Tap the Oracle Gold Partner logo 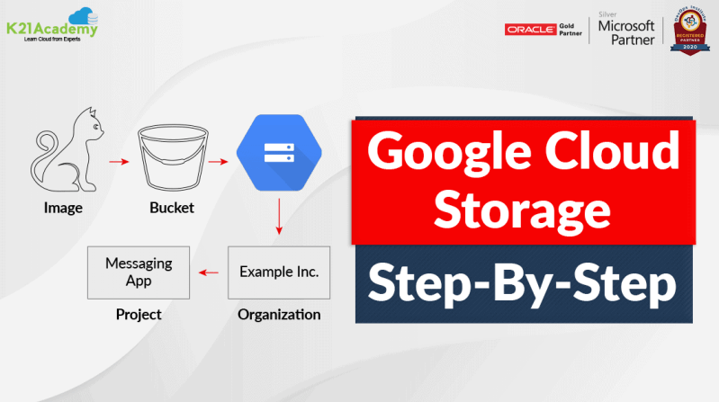[545, 30]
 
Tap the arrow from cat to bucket [118, 163]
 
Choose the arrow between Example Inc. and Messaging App [211, 272]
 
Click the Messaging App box [139, 272]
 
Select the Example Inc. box [279, 272]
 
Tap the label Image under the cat [63, 209]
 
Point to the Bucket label [171, 209]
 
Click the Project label [139, 315]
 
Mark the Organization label [279, 315]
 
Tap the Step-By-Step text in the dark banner [523, 285]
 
